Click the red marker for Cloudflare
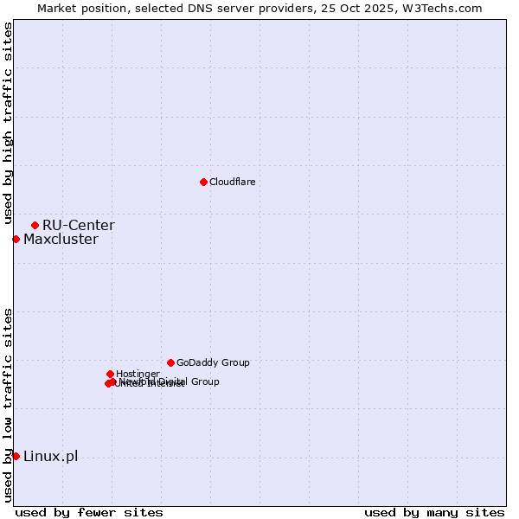203,182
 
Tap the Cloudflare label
232,183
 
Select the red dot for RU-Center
35,225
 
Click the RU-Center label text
78,226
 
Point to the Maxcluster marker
16,239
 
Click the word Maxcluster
61,240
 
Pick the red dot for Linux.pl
16,456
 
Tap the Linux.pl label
50,457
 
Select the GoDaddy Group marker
170,362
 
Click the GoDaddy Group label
213,363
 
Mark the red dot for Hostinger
110,374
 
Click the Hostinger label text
138,375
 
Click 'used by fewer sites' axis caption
89,512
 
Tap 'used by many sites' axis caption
434,512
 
